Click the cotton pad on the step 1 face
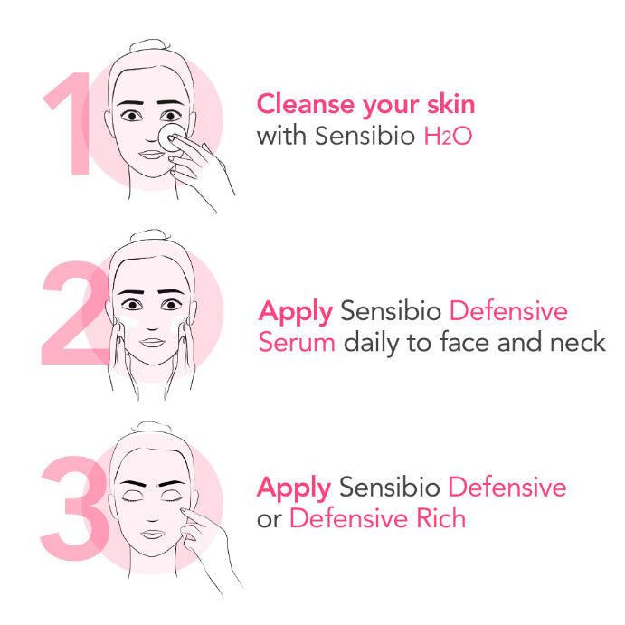coord(169,138)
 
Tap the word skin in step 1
coord(450,104)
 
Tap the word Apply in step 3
coord(295,488)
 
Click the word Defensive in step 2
coord(508,312)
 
